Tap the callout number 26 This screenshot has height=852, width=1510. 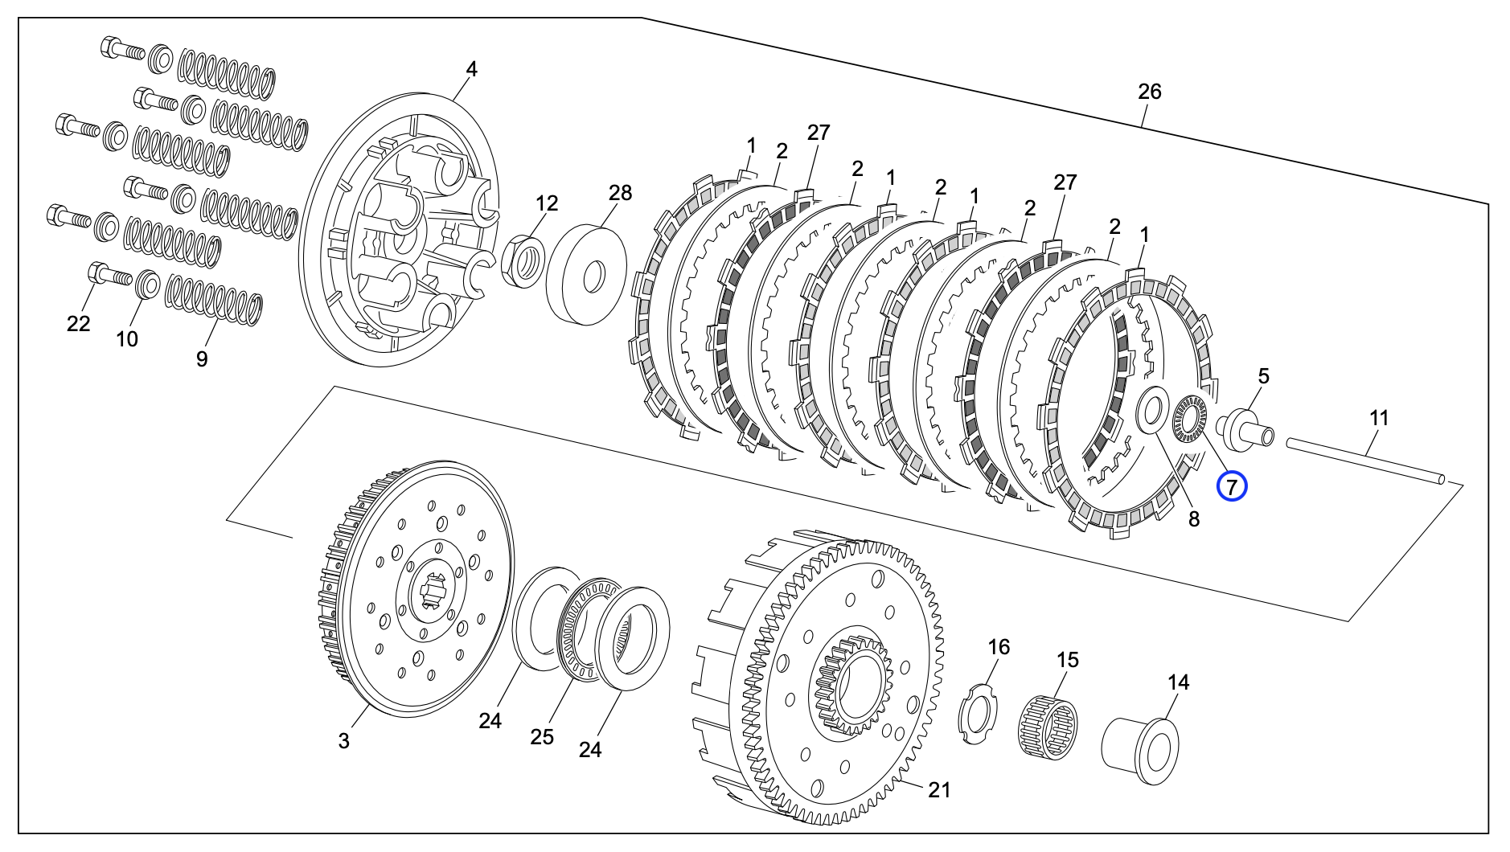click(1149, 92)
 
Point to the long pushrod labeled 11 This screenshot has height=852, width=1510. click(1364, 459)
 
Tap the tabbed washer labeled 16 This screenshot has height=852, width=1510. click(979, 712)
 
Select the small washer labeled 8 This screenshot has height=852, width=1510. click(1152, 411)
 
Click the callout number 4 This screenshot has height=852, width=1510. click(471, 70)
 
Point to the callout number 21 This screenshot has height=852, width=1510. click(938, 790)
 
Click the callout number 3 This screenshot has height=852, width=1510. click(343, 740)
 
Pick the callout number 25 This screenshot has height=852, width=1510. click(542, 736)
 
